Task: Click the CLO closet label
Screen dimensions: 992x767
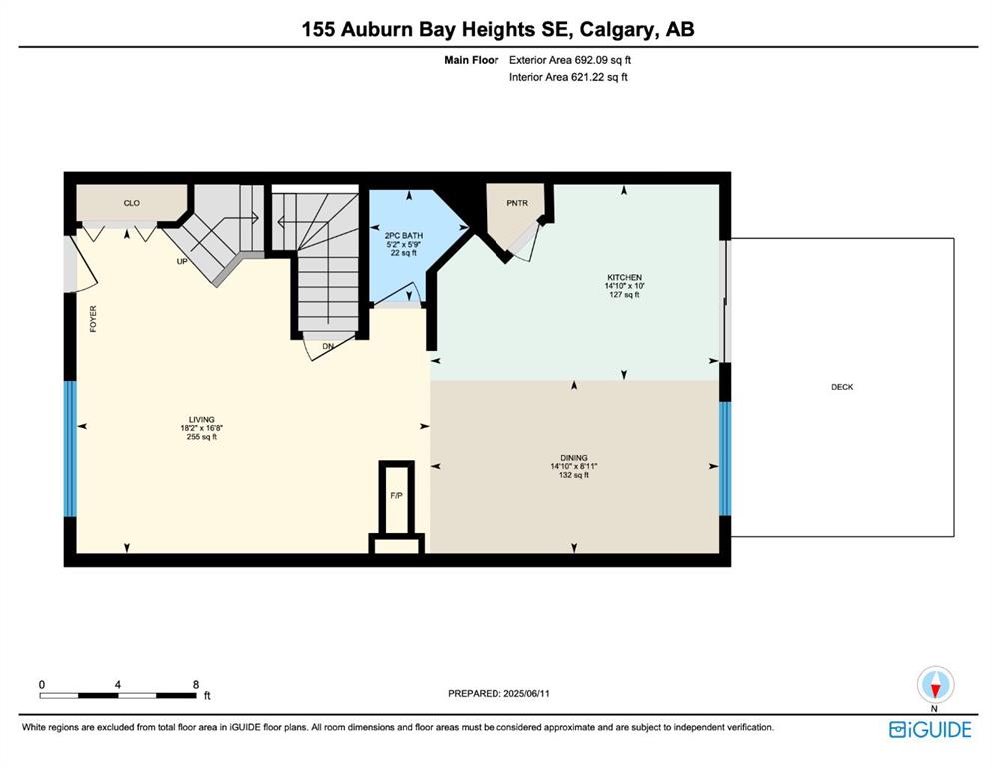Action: (132, 203)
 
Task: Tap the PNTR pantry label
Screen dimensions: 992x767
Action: (516, 203)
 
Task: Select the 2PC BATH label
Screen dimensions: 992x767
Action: (403, 236)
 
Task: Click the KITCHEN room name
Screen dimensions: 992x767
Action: (624, 277)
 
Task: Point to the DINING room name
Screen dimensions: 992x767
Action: (573, 458)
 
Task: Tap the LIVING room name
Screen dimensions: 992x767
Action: (201, 419)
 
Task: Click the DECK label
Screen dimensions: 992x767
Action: (842, 387)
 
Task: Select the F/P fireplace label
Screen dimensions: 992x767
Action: (396, 495)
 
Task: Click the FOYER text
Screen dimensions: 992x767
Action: (93, 319)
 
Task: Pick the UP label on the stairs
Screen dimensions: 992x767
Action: (182, 261)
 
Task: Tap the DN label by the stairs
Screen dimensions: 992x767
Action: (328, 346)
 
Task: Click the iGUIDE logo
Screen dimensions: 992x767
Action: (930, 730)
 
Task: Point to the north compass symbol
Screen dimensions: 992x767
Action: (936, 685)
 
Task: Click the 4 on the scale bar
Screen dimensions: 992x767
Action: (118, 684)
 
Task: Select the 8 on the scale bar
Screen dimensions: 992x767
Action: (196, 684)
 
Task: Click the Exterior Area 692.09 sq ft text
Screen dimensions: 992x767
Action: (570, 60)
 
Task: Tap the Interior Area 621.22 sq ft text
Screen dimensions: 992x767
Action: (568, 77)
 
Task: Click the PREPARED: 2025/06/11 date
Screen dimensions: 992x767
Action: (498, 694)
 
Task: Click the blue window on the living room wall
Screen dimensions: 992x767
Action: (70, 448)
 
